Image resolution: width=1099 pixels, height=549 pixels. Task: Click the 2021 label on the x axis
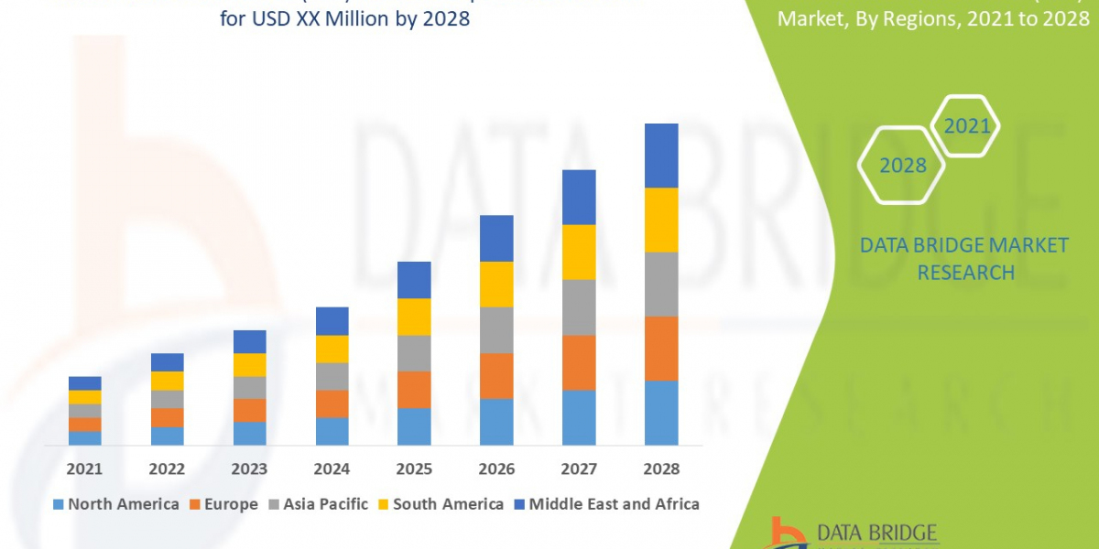[84, 468]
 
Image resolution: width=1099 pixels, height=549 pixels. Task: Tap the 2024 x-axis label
[332, 468]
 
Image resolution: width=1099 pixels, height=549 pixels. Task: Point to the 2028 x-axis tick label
[661, 468]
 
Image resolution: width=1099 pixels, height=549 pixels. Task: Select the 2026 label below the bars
[496, 468]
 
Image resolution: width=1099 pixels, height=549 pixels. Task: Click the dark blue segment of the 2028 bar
[661, 156]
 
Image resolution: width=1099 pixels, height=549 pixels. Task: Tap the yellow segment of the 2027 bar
[579, 252]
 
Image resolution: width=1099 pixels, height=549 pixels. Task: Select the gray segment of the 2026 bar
[496, 329]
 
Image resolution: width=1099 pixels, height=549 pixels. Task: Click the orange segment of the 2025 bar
[414, 389]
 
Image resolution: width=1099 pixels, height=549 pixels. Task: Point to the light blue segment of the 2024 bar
[332, 431]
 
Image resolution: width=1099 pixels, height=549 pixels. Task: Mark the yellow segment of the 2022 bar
[167, 381]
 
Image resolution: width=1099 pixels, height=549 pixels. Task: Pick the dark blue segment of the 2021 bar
[84, 382]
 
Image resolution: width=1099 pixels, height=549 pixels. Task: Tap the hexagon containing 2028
[902, 166]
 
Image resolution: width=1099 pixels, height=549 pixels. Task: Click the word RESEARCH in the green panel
[965, 273]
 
